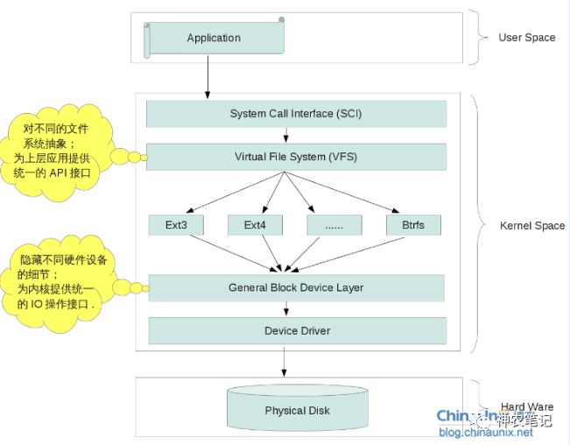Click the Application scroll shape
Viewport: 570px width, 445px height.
point(214,38)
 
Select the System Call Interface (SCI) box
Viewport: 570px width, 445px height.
point(296,114)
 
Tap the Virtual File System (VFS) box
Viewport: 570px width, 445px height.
point(296,157)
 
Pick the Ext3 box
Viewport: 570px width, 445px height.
point(176,225)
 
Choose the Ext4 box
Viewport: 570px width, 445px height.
point(255,225)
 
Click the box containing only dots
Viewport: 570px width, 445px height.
point(334,225)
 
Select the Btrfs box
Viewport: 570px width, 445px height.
point(413,225)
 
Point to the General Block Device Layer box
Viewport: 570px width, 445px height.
point(296,287)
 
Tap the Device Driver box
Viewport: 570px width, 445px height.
point(297,330)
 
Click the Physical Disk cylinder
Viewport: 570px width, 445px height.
point(297,409)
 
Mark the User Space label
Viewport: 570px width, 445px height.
point(526,38)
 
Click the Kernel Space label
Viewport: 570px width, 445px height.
point(531,226)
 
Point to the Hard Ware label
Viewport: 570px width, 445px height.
point(526,406)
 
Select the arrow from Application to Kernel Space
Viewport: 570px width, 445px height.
point(208,78)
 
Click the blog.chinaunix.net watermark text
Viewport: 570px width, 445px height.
point(485,433)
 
